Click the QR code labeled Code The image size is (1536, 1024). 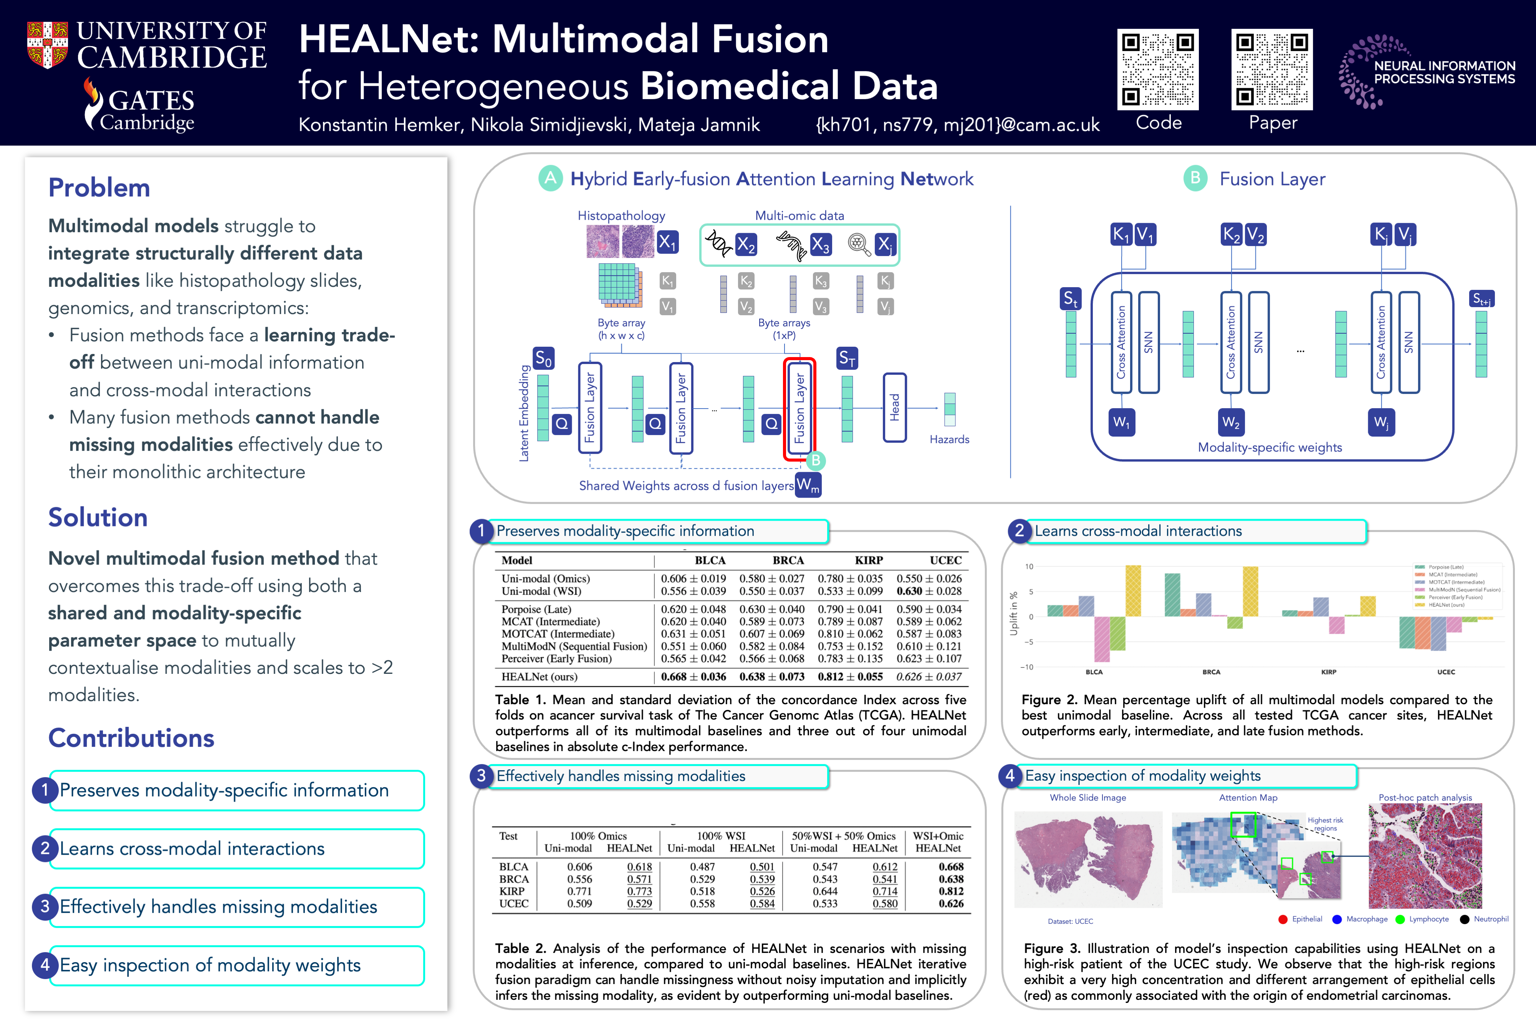pyautogui.click(x=1157, y=69)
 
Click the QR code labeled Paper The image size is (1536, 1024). pyautogui.click(x=1271, y=69)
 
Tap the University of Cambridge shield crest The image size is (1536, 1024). pyautogui.click(x=47, y=45)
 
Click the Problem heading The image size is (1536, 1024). pyautogui.click(x=99, y=188)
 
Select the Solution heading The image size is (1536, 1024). pyautogui.click(x=98, y=517)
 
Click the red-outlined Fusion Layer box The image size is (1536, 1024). pyautogui.click(x=799, y=409)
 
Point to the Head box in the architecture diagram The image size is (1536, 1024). pyautogui.click(x=894, y=407)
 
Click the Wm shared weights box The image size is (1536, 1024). pyautogui.click(x=808, y=485)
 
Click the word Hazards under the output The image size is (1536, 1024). pyautogui.click(x=949, y=440)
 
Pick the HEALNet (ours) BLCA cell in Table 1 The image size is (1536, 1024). pyautogui.click(x=693, y=677)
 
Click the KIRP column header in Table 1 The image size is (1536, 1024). pyautogui.click(x=869, y=560)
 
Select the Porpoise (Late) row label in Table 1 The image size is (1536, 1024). pyautogui.click(x=536, y=609)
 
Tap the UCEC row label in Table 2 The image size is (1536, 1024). pyautogui.click(x=514, y=904)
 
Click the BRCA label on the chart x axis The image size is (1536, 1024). pyautogui.click(x=1212, y=672)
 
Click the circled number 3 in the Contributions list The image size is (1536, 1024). pyautogui.click(x=45, y=907)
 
